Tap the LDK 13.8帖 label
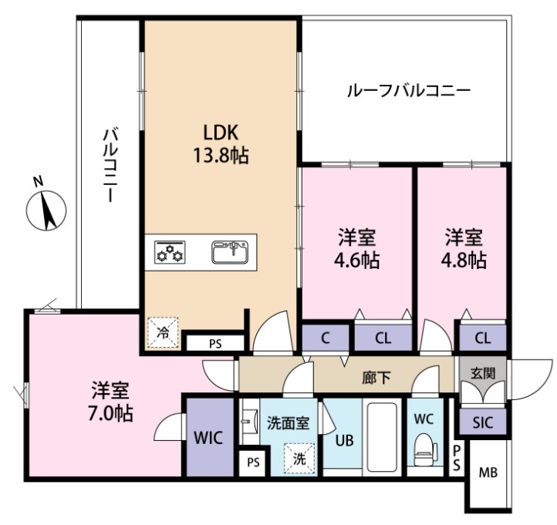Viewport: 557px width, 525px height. [220, 143]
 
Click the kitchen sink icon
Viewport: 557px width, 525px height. [229, 251]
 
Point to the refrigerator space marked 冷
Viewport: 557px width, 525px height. [164, 334]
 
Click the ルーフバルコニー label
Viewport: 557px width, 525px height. [408, 91]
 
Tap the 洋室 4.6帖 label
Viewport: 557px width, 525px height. [357, 248]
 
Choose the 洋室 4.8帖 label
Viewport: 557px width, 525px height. [464, 248]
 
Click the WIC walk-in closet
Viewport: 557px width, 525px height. [208, 437]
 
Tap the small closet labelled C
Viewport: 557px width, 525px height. [326, 337]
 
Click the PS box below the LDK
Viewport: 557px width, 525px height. [214, 344]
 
